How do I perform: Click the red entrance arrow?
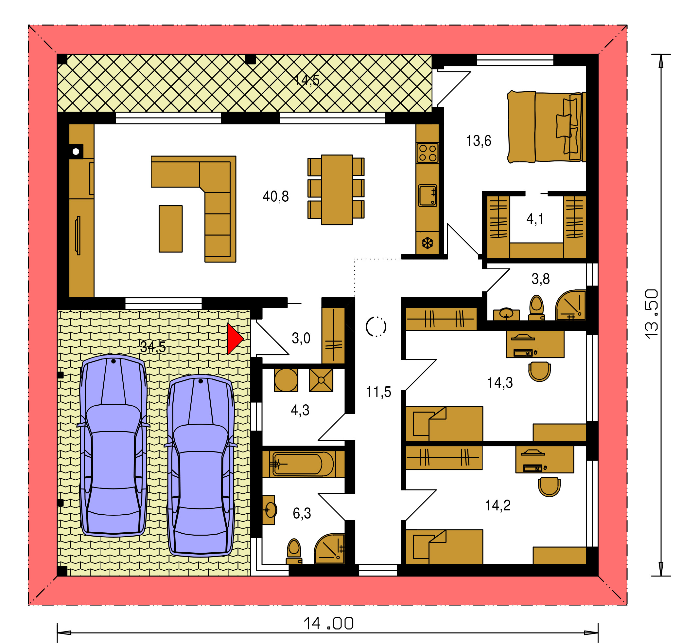(235, 339)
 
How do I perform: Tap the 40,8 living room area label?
(275, 197)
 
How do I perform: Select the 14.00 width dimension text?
(328, 623)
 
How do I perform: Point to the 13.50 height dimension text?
(651, 314)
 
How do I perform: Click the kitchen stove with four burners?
(428, 153)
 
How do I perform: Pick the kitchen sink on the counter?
(428, 196)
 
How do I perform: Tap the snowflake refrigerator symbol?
(428, 243)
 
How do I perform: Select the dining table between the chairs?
(337, 190)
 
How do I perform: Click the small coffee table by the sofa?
(170, 229)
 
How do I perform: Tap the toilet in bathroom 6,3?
(294, 552)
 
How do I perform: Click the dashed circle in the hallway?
(376, 326)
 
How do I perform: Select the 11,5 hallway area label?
(378, 392)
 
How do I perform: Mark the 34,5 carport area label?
(153, 347)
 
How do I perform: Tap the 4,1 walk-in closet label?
(535, 219)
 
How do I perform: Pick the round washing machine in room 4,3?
(286, 380)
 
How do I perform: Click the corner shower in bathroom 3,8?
(571, 305)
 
